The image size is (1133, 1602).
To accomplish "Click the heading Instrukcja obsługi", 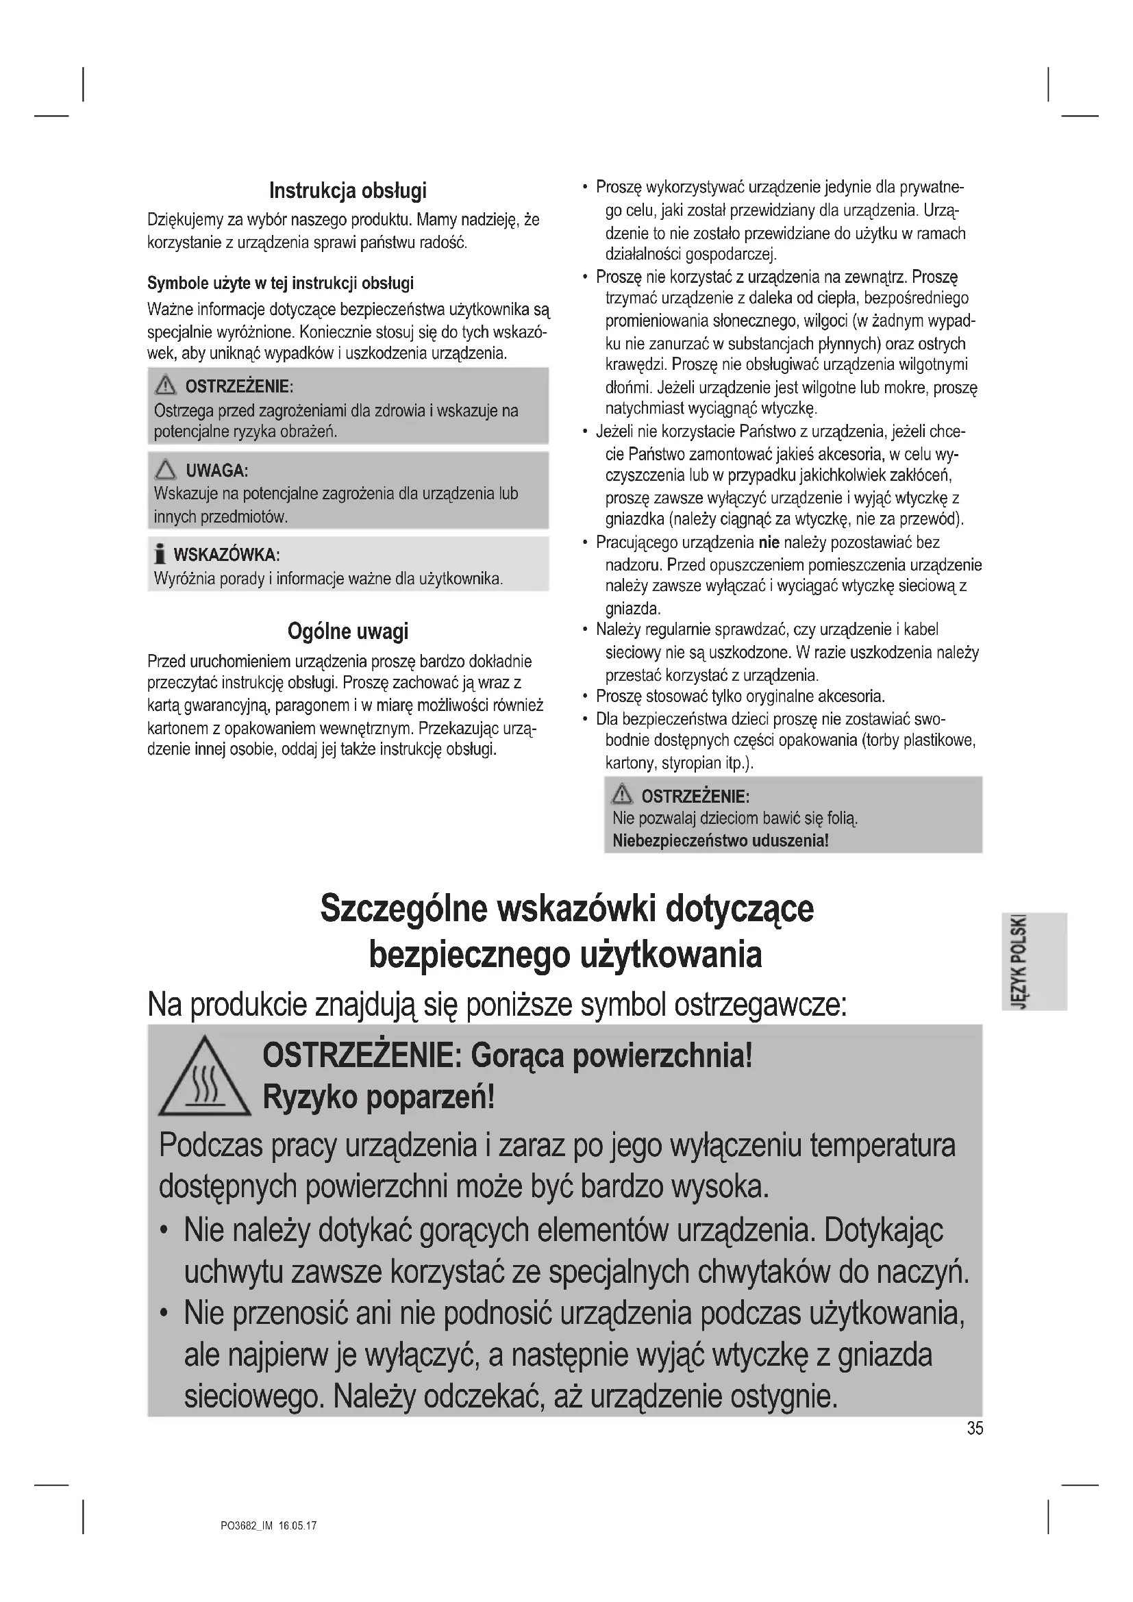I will click(x=347, y=190).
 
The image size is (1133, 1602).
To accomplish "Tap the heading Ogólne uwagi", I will click(x=347, y=631).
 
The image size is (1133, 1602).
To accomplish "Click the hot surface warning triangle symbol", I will click(x=203, y=1078).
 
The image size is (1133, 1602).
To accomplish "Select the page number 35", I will click(x=975, y=1428).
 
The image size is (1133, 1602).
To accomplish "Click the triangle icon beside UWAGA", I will click(x=166, y=470).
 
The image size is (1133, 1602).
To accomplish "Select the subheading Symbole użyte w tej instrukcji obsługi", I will click(x=279, y=284).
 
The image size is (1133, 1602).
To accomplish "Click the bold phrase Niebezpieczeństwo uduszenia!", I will click(x=720, y=841).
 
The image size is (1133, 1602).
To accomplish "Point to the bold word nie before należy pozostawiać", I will click(x=768, y=542).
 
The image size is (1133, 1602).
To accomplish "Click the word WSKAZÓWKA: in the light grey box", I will click(x=226, y=555).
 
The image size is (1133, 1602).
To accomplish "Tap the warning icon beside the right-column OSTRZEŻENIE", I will click(x=621, y=794).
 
